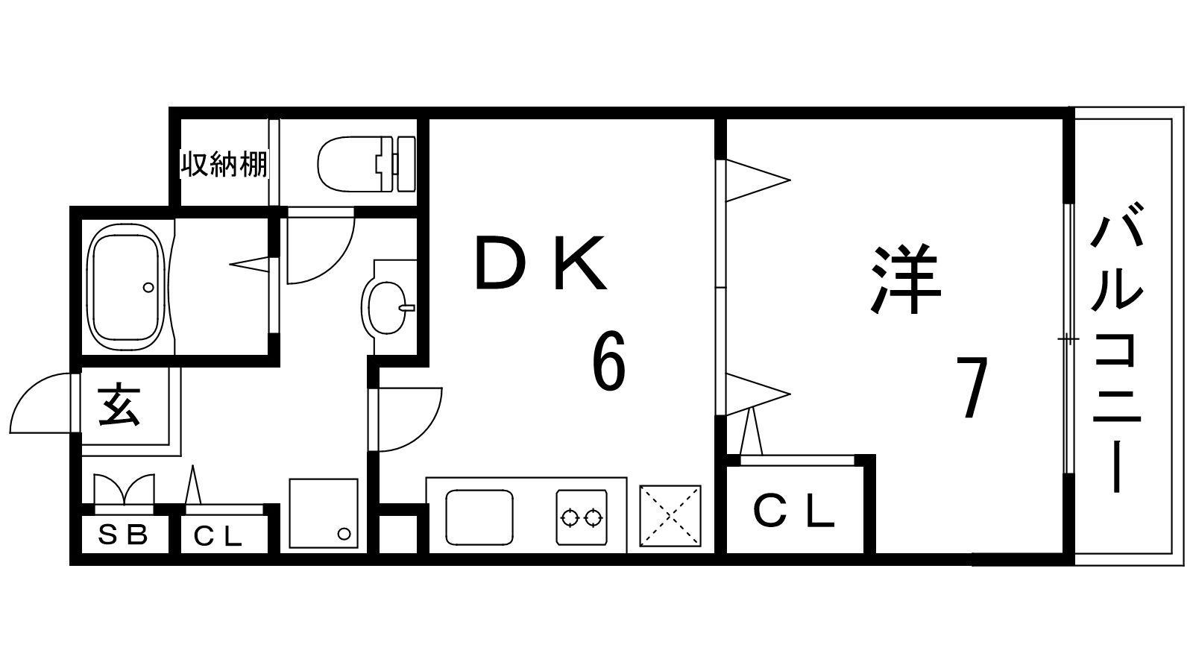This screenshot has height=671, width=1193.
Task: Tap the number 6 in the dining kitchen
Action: pos(608,361)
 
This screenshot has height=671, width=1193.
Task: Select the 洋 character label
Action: pos(906,279)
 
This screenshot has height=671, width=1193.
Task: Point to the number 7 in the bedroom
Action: pos(972,387)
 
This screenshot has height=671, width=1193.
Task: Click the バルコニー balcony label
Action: pos(1117,347)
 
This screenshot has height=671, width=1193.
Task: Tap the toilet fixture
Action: pos(366,163)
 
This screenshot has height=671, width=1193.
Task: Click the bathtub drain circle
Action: pos(148,288)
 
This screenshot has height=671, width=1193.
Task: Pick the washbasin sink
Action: pos(385,307)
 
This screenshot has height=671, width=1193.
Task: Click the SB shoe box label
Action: pos(123,535)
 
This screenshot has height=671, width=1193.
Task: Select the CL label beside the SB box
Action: pos(218,536)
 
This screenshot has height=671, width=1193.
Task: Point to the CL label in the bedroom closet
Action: pos(793,511)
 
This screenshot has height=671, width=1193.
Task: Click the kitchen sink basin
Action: pos(479,517)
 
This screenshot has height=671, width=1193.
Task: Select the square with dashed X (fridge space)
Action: pos(670,515)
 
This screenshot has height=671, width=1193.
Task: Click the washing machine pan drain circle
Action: pos(344,533)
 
